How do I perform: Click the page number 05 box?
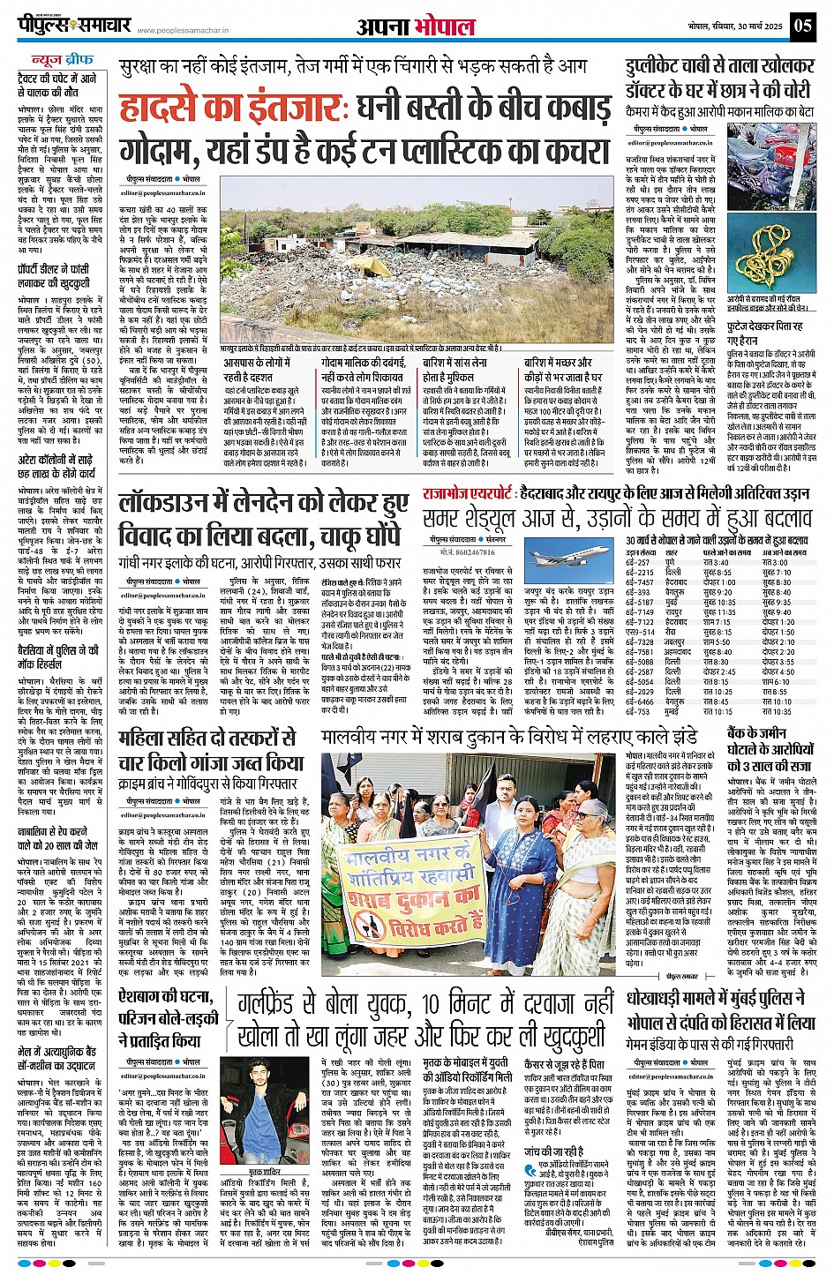(x=802, y=25)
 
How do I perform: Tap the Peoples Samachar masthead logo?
(x=75, y=26)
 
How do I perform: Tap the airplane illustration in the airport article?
(x=552, y=559)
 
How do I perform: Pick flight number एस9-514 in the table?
(x=640, y=632)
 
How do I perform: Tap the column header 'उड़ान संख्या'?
(x=642, y=552)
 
